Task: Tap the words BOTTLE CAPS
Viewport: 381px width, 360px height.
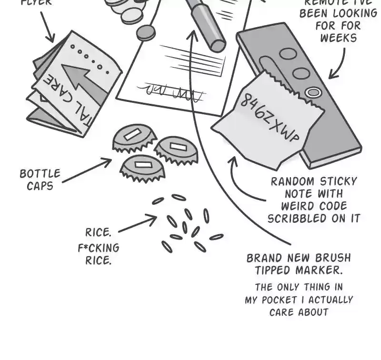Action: (x=40, y=180)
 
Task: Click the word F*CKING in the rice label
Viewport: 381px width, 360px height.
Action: (x=99, y=248)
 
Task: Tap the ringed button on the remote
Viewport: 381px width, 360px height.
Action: (x=312, y=92)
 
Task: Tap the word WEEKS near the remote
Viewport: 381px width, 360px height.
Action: (x=338, y=38)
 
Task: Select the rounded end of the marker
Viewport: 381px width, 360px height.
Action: (x=217, y=45)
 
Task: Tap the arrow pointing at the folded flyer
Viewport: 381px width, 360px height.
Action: (x=46, y=26)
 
